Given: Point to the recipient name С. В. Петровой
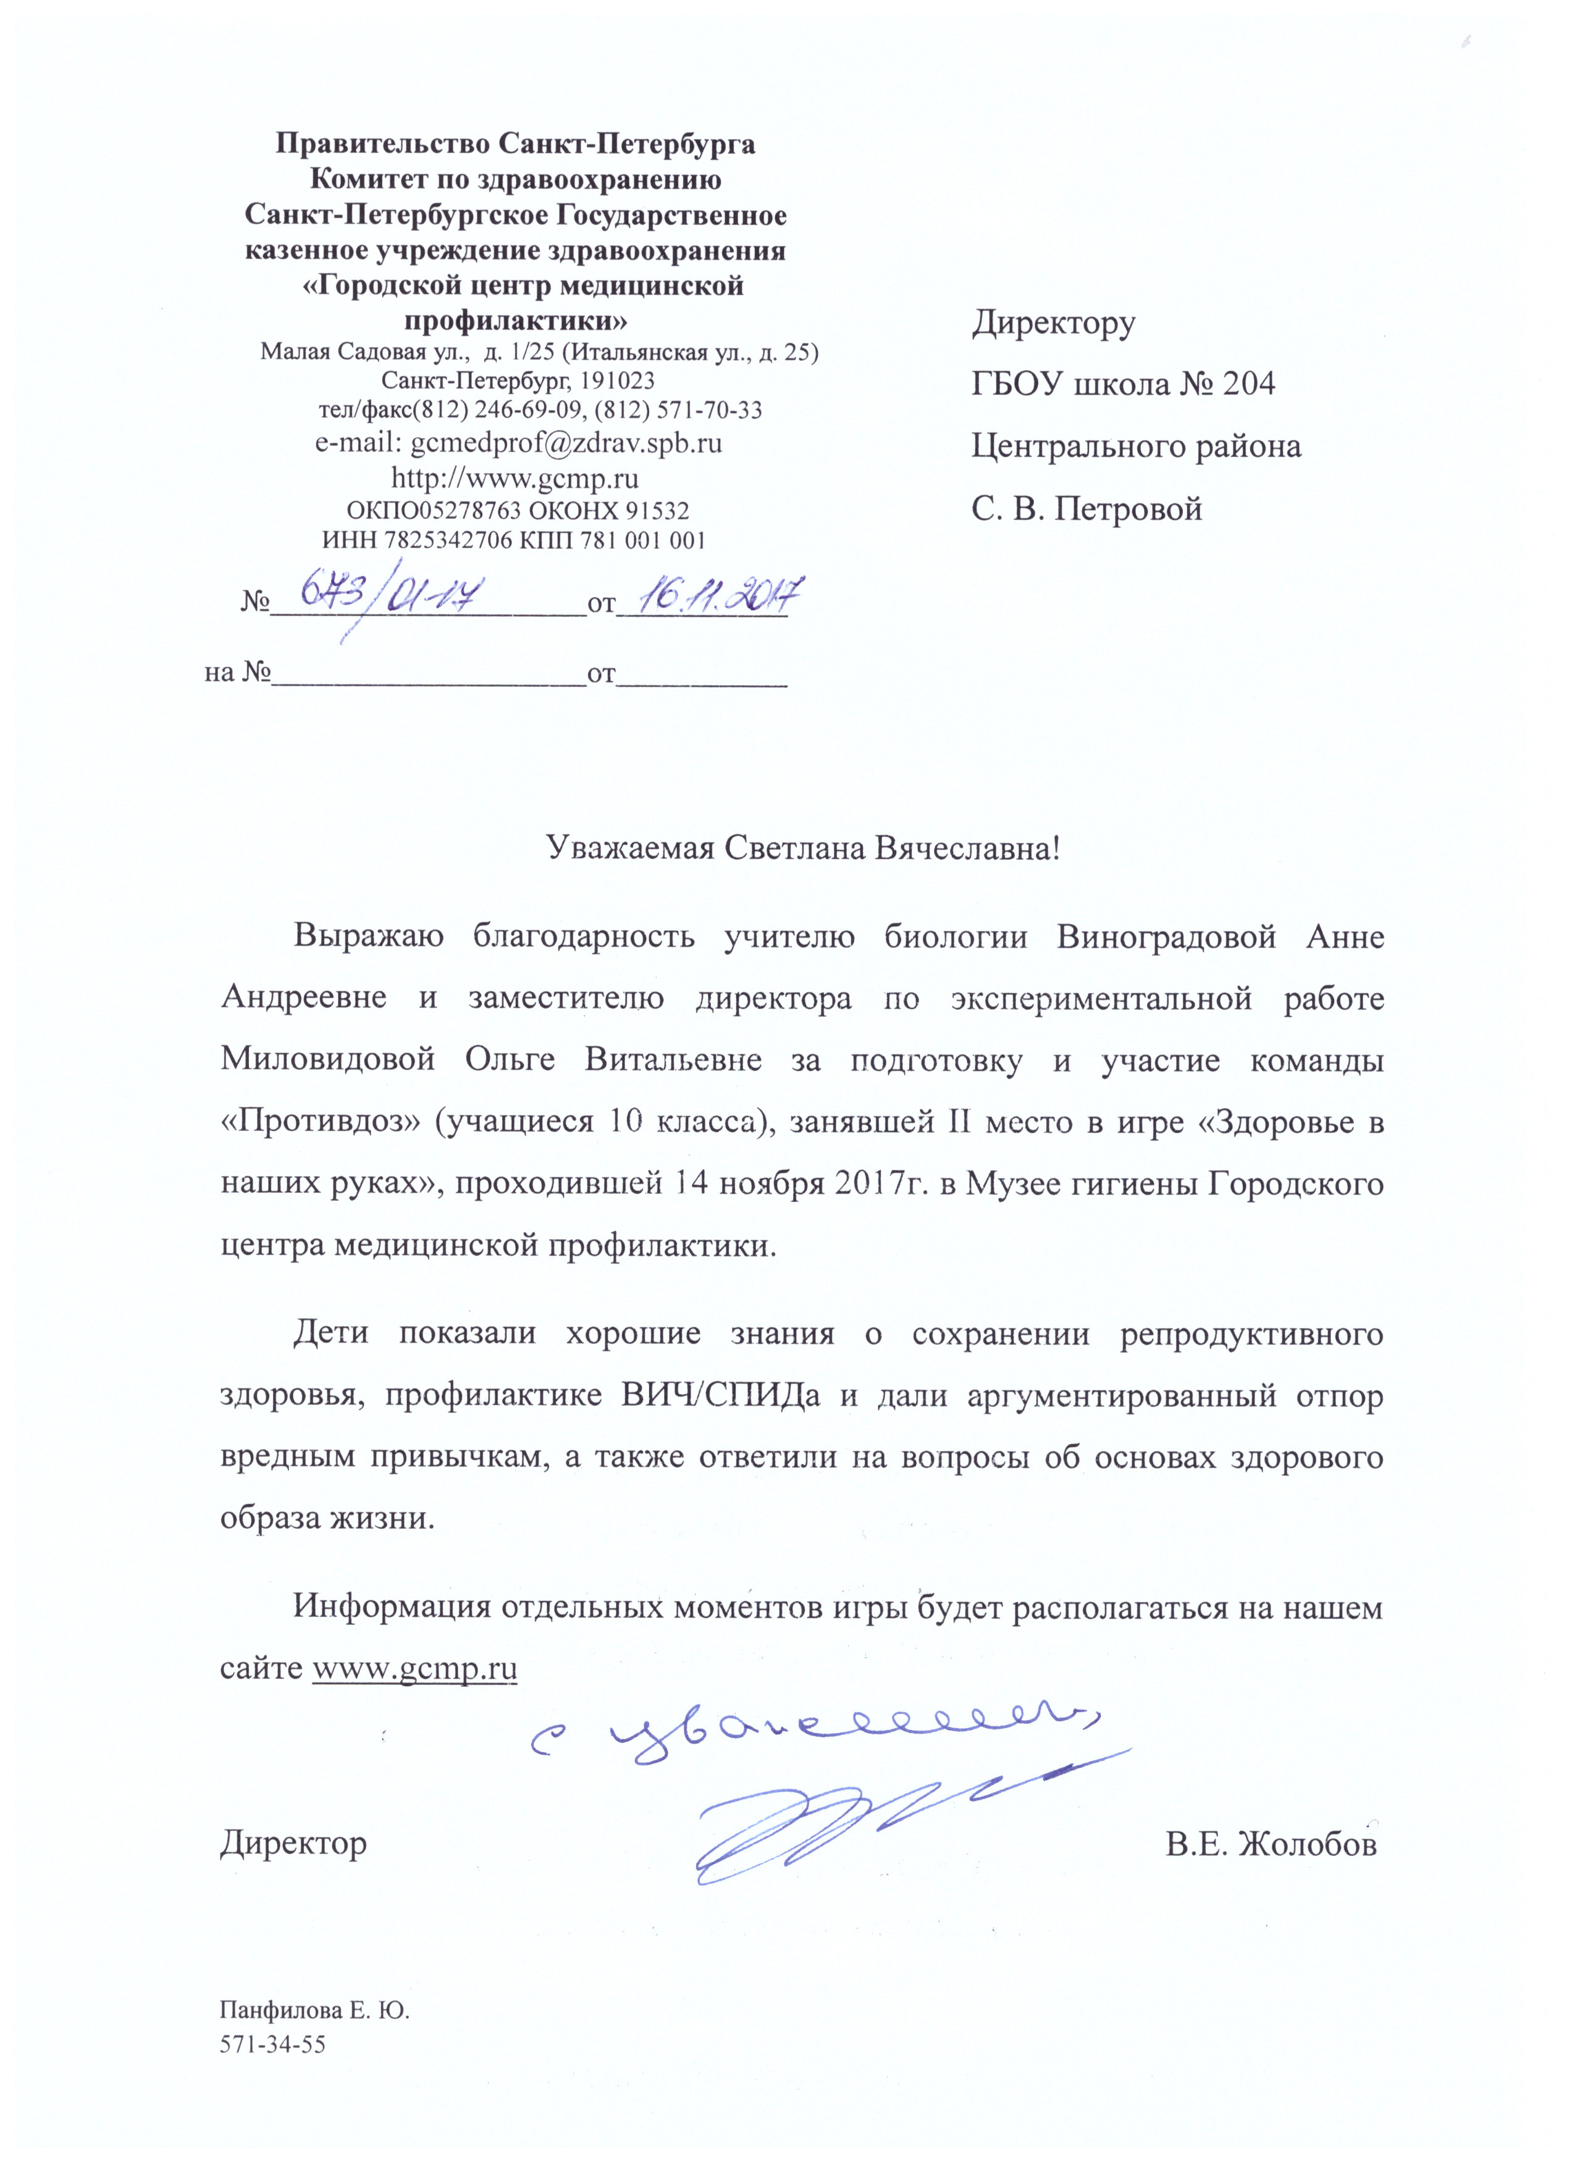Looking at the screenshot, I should [x=1087, y=510].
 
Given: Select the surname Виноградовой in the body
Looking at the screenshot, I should [x=1166, y=936].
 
